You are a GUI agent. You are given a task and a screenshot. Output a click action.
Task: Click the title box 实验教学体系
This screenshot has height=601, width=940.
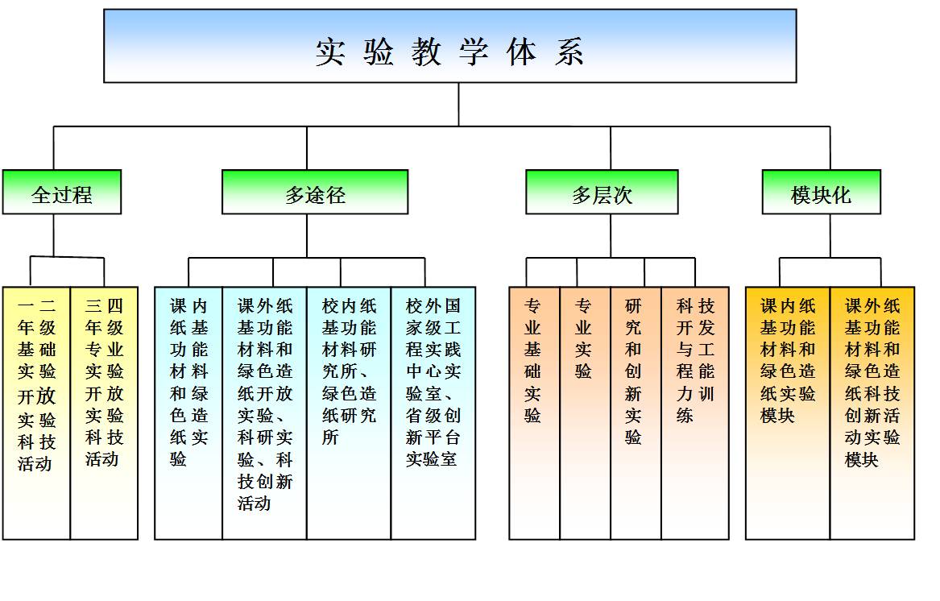click(x=449, y=46)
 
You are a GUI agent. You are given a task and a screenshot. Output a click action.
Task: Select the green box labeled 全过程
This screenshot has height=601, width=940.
click(x=61, y=193)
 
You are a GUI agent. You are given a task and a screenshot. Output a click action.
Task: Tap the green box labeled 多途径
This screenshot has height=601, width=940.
click(x=315, y=193)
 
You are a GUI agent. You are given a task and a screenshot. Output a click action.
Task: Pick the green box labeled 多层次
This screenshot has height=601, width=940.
click(x=602, y=193)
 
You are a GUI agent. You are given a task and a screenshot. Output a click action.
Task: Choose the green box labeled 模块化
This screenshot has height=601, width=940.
click(x=821, y=193)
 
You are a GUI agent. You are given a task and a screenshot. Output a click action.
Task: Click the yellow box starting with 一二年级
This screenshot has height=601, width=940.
click(x=36, y=412)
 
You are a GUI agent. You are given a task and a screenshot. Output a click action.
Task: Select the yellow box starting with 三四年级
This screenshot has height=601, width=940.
click(x=104, y=412)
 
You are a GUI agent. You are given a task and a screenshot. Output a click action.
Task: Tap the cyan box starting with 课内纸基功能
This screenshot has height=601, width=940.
click(x=188, y=412)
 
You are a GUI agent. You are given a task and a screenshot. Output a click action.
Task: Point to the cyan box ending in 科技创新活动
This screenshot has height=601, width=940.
click(x=264, y=412)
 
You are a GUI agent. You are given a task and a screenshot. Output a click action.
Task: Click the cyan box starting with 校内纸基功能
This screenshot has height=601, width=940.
click(x=349, y=412)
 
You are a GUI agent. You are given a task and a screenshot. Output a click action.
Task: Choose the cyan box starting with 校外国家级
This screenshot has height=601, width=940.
click(x=433, y=412)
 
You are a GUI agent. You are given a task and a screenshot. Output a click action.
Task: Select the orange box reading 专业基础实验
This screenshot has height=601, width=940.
click(x=534, y=412)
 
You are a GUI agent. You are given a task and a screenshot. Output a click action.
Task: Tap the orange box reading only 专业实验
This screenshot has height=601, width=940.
click(x=585, y=412)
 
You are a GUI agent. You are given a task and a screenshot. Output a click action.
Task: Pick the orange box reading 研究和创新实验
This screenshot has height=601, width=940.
click(x=636, y=412)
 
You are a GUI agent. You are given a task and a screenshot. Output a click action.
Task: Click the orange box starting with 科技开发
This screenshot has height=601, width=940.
click(x=694, y=412)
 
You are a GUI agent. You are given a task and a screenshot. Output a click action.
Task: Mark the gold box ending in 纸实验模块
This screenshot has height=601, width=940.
click(x=788, y=412)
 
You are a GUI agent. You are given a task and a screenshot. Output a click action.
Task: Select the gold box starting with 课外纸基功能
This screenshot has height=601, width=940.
click(x=872, y=412)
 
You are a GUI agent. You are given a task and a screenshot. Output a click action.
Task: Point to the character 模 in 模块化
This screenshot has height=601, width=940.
click(x=801, y=194)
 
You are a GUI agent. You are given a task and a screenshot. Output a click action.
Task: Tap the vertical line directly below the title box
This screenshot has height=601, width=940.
click(x=459, y=104)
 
